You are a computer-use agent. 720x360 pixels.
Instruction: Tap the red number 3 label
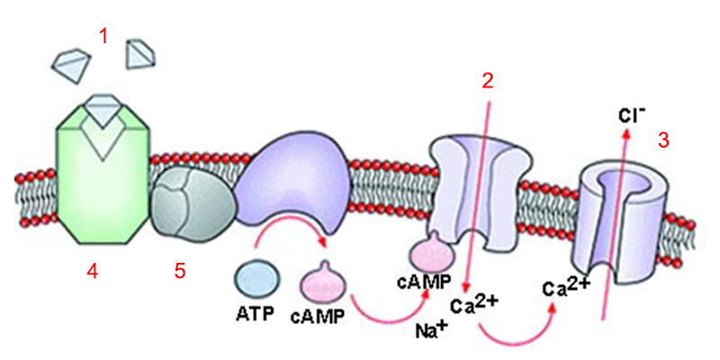click(x=663, y=140)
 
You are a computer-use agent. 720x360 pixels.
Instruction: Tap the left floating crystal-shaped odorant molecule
click(x=72, y=63)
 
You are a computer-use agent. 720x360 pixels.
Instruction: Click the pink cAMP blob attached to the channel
click(x=432, y=247)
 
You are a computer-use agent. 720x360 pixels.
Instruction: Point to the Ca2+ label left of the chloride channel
click(x=566, y=287)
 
